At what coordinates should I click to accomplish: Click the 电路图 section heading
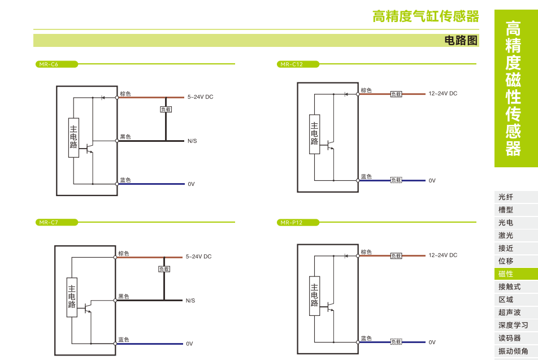pyautogui.click(x=461, y=41)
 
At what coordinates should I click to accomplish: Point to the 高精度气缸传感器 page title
pyautogui.click(x=426, y=16)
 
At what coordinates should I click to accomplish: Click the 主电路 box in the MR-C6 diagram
pyautogui.click(x=73, y=138)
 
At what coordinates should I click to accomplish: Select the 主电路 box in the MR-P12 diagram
pyautogui.click(x=314, y=296)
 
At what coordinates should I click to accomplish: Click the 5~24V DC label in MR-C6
pyautogui.click(x=200, y=97)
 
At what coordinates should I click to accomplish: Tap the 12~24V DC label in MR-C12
pyautogui.click(x=442, y=94)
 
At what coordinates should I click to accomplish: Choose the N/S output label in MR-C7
pyautogui.click(x=190, y=301)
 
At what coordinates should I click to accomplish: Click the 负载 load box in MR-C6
pyautogui.click(x=166, y=110)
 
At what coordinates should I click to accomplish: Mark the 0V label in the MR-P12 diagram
pyautogui.click(x=432, y=342)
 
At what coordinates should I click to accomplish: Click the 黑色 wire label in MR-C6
pyautogui.click(x=125, y=137)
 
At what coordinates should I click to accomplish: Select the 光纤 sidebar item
pyautogui.click(x=506, y=197)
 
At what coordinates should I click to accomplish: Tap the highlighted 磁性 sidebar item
pyautogui.click(x=506, y=274)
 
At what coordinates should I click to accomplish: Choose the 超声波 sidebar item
pyautogui.click(x=509, y=313)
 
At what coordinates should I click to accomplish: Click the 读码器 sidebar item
pyautogui.click(x=509, y=338)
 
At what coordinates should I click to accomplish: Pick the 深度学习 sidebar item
pyautogui.click(x=513, y=326)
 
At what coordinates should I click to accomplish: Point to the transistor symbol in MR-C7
pyautogui.click(x=88, y=309)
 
